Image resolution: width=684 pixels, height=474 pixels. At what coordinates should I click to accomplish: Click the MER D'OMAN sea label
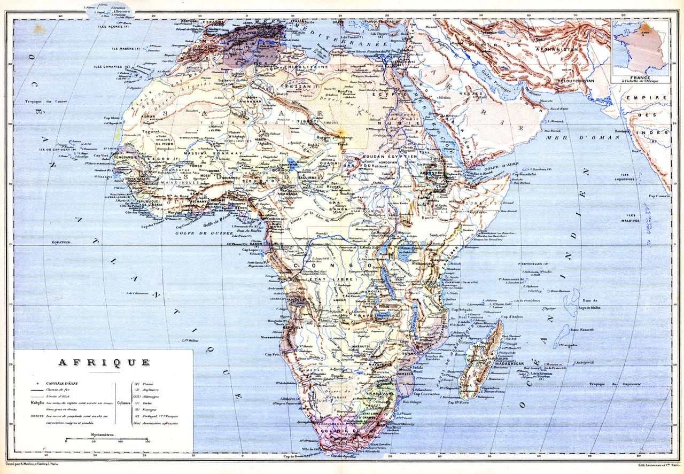click(582, 138)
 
